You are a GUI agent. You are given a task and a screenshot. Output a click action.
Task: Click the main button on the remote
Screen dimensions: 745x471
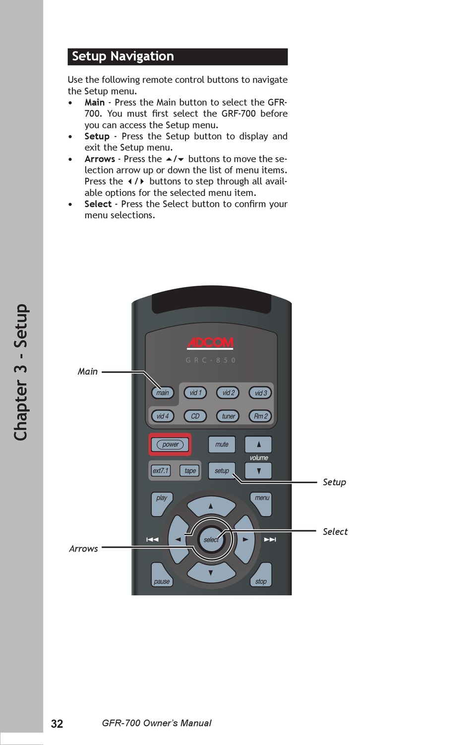163,393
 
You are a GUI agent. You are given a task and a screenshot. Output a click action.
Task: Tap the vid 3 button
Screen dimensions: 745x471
261,393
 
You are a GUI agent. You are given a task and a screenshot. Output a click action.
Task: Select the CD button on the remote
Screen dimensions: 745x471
195,416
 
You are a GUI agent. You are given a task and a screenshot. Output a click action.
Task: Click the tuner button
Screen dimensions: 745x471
228,416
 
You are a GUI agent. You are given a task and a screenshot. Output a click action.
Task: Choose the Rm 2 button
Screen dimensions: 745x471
260,416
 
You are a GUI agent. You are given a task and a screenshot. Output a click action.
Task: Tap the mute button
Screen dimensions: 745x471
222,444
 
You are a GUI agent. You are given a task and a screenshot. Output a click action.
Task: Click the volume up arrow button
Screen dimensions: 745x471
258,444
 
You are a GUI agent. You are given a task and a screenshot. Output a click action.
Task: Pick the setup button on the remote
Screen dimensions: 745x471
222,471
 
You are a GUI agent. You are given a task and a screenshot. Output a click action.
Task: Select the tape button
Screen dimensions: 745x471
190,471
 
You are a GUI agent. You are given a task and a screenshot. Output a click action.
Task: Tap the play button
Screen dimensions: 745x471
161,501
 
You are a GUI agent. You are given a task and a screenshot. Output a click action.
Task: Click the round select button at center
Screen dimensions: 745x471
211,540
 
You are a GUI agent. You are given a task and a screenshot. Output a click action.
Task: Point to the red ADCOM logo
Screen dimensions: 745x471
210,343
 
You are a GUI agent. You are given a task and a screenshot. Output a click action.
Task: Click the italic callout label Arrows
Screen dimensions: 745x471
83,549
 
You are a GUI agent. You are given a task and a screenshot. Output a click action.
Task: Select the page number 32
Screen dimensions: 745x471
57,724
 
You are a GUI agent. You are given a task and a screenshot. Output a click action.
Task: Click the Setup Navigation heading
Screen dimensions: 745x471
123,57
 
